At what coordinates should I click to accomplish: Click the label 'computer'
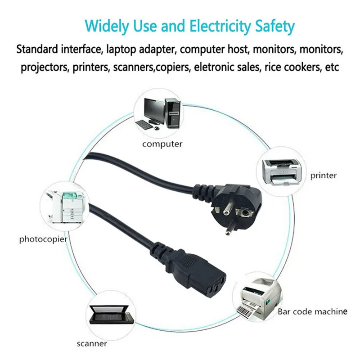point(162,144)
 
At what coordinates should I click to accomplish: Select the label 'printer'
point(323,175)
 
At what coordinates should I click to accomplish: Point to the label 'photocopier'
point(43,238)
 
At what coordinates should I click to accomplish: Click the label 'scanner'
point(91,343)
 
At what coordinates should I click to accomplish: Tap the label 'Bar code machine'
point(312,311)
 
